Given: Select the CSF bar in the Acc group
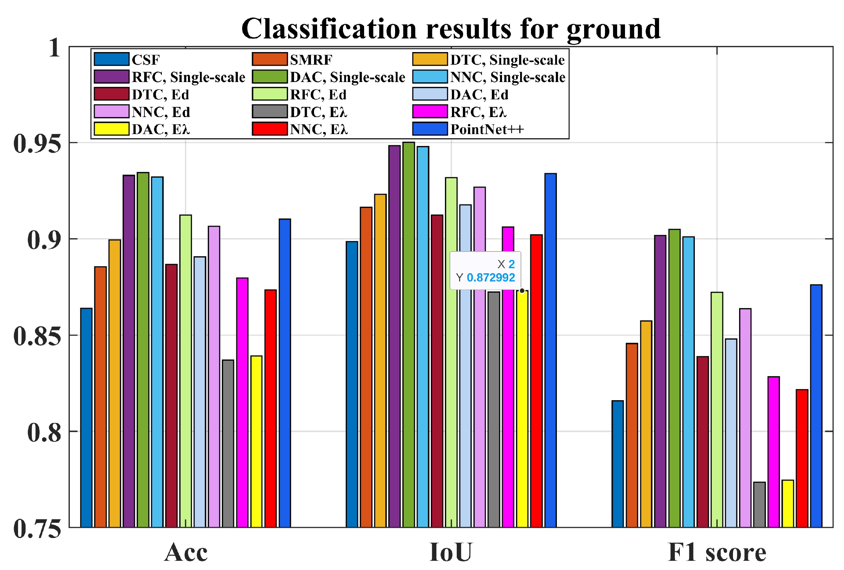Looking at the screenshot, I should coord(87,417).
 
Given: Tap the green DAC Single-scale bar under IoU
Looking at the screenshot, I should coord(409,334).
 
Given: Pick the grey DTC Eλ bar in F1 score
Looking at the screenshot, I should coord(760,504).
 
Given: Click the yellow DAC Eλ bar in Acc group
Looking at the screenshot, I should coord(256,441).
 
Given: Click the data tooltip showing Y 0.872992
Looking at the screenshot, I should coord(485,271).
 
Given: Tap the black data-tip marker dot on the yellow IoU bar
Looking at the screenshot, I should coord(522,291).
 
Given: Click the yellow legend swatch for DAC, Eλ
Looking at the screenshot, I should coord(111,129).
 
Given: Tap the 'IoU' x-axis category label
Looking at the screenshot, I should coord(451,553).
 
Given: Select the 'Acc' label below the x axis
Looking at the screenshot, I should coord(186,553).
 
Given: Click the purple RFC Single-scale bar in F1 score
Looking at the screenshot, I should coord(660,381).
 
